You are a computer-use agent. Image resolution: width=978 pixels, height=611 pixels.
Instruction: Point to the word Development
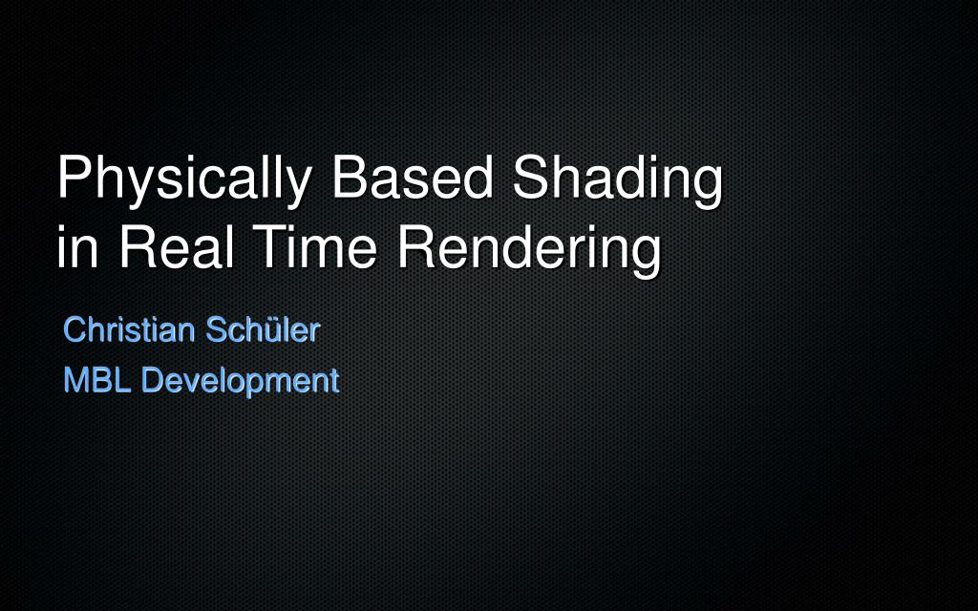point(240,380)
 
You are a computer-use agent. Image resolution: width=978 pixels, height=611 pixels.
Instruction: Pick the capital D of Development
point(153,380)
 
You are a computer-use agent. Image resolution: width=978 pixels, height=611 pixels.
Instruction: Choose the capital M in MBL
point(75,380)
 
